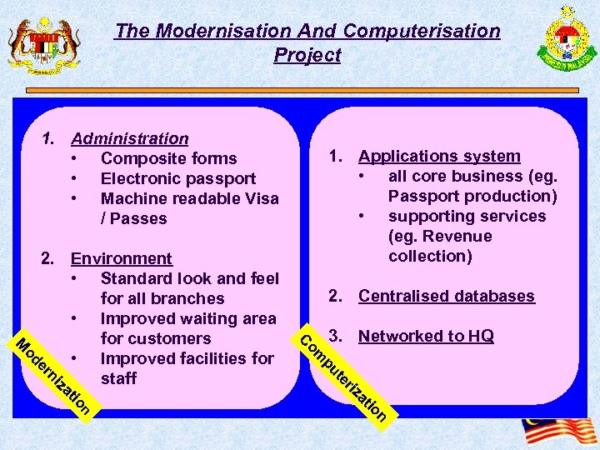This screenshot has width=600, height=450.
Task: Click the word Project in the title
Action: (x=307, y=56)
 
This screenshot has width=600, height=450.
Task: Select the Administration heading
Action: (x=130, y=138)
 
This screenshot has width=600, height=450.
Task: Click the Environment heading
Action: (x=122, y=258)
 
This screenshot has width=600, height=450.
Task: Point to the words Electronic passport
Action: (x=177, y=178)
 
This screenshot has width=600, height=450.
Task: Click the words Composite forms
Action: (x=168, y=158)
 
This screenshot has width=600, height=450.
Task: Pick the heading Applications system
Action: (x=439, y=156)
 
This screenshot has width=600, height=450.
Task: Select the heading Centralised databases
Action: (x=447, y=296)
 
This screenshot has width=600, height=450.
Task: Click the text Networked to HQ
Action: (x=426, y=336)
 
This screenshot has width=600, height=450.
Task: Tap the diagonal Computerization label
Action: (x=343, y=374)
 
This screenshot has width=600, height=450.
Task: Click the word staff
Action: (x=118, y=378)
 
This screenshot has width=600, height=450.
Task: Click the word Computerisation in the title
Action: (x=422, y=32)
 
